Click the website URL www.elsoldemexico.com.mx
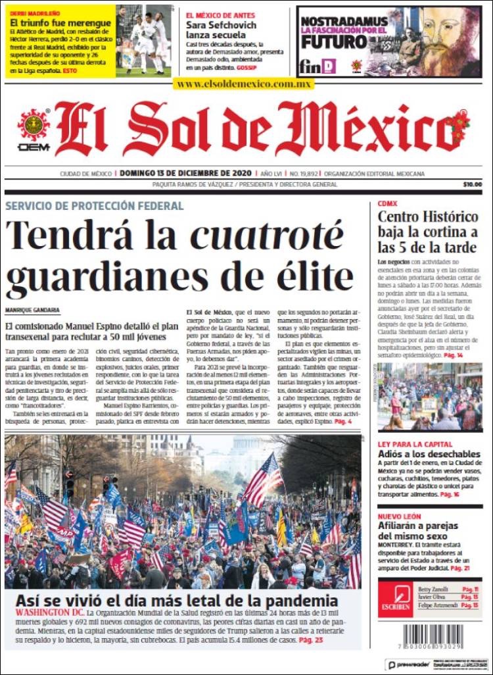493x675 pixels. [x=244, y=84]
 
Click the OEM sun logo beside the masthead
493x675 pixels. [x=34, y=129]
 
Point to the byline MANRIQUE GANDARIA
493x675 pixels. [x=32, y=310]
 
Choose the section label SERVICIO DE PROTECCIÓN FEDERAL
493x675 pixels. [x=95, y=206]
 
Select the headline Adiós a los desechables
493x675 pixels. [x=429, y=454]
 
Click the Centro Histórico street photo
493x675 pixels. [x=430, y=397]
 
